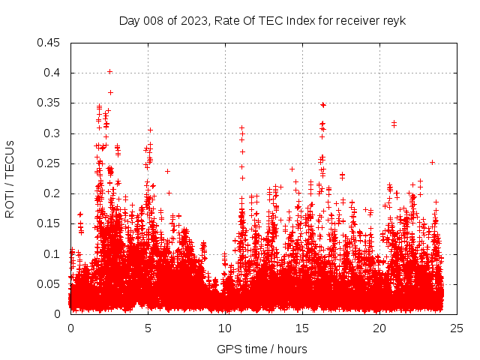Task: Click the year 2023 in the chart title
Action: [187, 21]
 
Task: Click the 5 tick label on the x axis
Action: [148, 328]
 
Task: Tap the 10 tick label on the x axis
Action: [225, 328]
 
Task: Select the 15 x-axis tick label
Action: [302, 328]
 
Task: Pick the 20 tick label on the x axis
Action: [379, 328]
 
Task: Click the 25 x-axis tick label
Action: [457, 328]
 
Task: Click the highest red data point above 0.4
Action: [110, 71]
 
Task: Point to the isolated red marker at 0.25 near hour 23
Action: [432, 162]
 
